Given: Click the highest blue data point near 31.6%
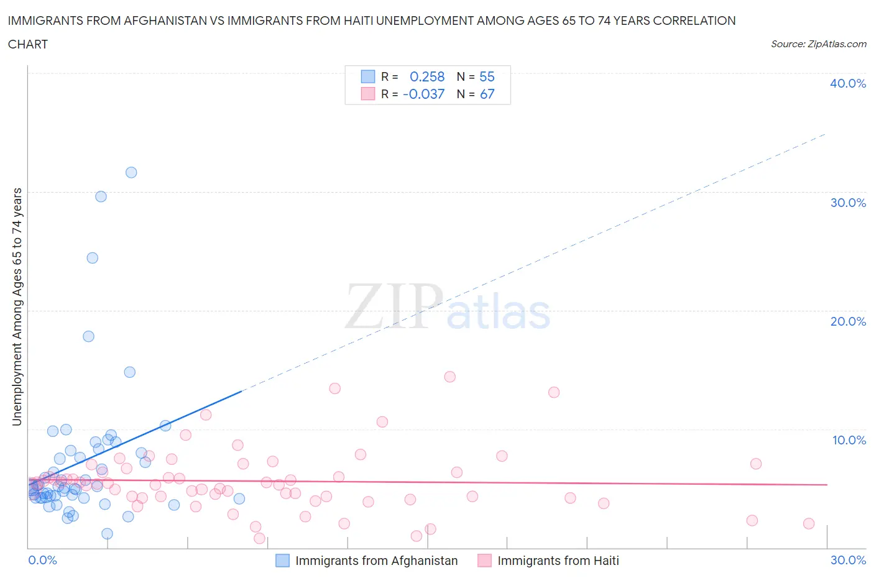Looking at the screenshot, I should pyautogui.click(x=131, y=172).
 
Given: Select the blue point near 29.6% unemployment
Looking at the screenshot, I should pyautogui.click(x=101, y=196).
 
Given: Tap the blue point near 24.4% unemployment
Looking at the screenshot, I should pyautogui.click(x=93, y=258).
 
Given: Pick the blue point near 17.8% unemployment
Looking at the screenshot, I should pyautogui.click(x=89, y=336).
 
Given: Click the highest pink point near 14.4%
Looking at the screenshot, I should pyautogui.click(x=450, y=377).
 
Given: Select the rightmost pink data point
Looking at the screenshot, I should pyautogui.click(x=809, y=523).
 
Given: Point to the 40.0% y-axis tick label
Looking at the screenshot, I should pyautogui.click(x=848, y=83).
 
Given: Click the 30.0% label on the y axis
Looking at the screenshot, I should pyautogui.click(x=848, y=203).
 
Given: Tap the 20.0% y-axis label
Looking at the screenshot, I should pyautogui.click(x=848, y=321).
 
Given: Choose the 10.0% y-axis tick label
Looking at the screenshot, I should pyautogui.click(x=849, y=440).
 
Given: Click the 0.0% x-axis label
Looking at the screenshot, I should pyautogui.click(x=43, y=560).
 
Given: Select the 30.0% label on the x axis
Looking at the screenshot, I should pyautogui.click(x=848, y=560).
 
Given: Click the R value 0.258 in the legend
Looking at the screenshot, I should pyautogui.click(x=427, y=76).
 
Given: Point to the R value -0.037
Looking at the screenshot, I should pyautogui.click(x=424, y=94).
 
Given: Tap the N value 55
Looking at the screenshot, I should pyautogui.click(x=487, y=76).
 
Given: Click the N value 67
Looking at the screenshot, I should pyautogui.click(x=487, y=94).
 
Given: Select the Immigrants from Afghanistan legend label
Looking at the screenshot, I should pyautogui.click(x=376, y=561).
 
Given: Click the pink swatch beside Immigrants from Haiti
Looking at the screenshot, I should pyautogui.click(x=485, y=561).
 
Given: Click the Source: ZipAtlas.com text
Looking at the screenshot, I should pyautogui.click(x=818, y=44).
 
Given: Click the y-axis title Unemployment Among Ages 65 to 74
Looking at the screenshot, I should pyautogui.click(x=17, y=307).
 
